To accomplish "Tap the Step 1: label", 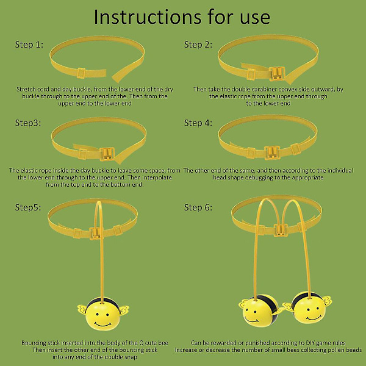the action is point(29,45).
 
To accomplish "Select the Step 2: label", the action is point(198,45).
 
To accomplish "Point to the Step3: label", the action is point(28,123).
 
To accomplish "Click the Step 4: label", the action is point(198,123).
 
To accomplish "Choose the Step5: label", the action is point(28,207).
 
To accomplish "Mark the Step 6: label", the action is point(198,207).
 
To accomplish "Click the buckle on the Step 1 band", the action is point(81,73).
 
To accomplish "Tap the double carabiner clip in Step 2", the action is point(277,74).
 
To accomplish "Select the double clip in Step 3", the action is point(107,154).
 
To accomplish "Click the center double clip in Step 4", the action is point(271,152).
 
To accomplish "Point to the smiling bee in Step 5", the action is point(103,314).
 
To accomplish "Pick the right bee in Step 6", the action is point(308,308).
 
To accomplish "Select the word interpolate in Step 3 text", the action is point(157,178).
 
